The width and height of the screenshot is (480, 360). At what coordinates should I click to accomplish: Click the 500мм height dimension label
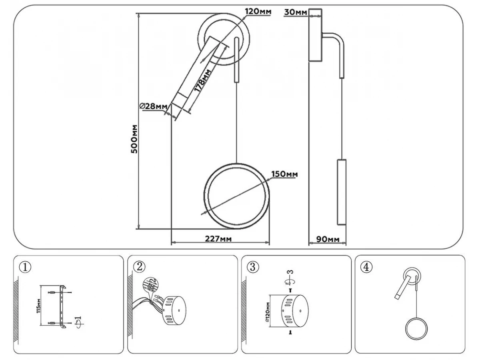click(134, 138)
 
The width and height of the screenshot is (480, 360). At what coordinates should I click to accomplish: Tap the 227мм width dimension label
click(218, 239)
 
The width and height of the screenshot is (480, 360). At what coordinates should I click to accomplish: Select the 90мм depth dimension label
click(328, 239)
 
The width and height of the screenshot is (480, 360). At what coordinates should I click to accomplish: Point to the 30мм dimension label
click(296, 12)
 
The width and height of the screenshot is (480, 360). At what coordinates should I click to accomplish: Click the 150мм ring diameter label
click(284, 174)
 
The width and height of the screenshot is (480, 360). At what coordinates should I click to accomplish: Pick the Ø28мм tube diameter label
click(153, 106)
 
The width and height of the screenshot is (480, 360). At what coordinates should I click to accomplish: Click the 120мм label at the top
click(258, 11)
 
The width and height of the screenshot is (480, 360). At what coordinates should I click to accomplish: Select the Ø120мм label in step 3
click(267, 311)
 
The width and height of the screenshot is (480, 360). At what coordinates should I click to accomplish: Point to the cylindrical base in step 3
click(294, 311)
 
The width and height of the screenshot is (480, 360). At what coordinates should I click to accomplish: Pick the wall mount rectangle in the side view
click(316, 35)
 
